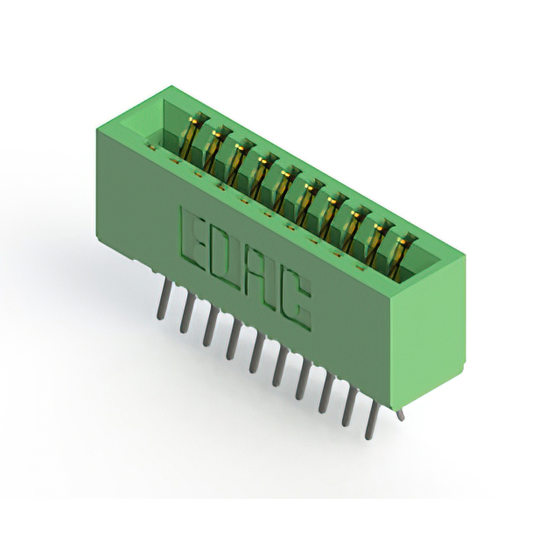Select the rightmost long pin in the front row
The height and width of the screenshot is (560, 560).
click(x=371, y=419)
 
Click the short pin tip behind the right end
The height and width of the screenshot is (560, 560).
click(x=402, y=415)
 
